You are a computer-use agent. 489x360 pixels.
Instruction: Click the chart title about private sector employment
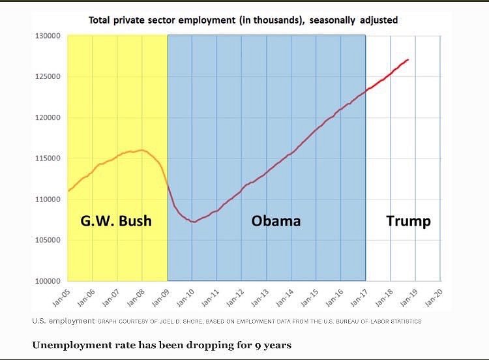243,20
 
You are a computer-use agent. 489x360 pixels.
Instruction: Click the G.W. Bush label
115,220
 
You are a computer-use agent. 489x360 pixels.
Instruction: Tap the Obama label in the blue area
276,220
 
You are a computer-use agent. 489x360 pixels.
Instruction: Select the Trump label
408,220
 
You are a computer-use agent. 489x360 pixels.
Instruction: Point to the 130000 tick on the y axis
48,35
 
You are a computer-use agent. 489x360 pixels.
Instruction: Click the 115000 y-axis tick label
48,158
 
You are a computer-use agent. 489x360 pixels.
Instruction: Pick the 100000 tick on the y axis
48,281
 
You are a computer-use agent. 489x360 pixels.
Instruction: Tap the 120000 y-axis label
48,117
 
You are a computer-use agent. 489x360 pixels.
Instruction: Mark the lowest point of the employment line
193,222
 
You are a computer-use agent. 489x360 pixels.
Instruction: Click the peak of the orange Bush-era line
141,150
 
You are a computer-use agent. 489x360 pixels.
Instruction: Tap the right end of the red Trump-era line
408,60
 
